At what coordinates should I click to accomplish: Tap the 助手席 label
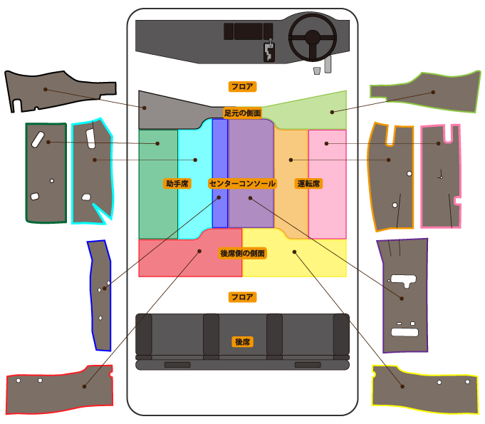177,183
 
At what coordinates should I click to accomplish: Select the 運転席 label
308,183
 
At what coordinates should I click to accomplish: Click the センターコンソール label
242,183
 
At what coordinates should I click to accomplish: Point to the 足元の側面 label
242,113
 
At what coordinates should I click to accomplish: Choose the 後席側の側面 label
242,253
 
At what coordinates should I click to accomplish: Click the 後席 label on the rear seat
242,342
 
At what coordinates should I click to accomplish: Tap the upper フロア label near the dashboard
242,86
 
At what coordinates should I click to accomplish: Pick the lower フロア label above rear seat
242,296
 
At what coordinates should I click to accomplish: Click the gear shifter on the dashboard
269,51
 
